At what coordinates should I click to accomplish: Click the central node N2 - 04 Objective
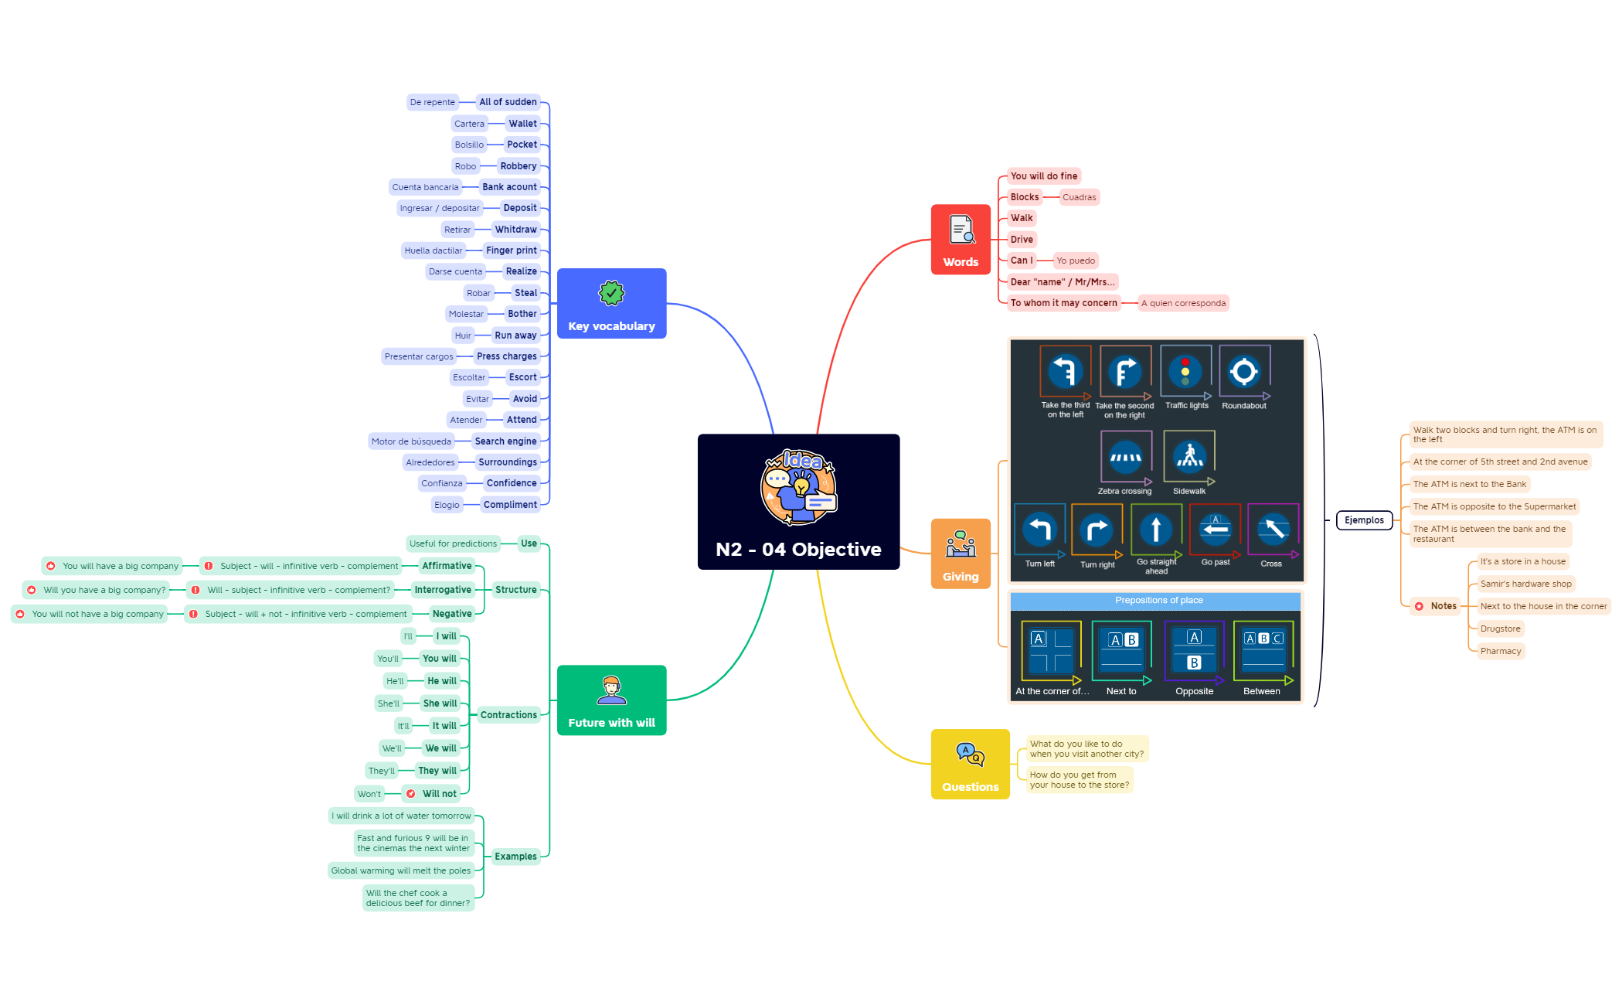(x=798, y=502)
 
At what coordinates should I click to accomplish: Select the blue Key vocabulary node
(x=611, y=304)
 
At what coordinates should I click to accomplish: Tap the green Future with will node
(x=611, y=700)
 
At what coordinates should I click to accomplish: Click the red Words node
(x=961, y=240)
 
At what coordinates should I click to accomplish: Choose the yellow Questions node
(x=970, y=765)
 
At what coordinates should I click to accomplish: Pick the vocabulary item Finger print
(x=511, y=250)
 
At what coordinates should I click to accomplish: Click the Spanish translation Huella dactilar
(x=433, y=250)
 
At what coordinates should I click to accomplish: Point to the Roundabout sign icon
(x=1244, y=372)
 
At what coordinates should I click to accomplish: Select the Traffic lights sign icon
(x=1185, y=372)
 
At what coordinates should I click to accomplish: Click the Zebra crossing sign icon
(x=1125, y=458)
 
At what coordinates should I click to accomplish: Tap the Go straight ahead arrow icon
(x=1156, y=530)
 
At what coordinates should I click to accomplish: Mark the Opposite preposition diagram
(x=1194, y=651)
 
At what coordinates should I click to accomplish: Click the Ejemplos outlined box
(x=1364, y=520)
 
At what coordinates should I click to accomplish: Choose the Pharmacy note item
(x=1501, y=651)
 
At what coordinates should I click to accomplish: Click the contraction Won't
(x=369, y=794)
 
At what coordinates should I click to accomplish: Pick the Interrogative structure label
(x=442, y=590)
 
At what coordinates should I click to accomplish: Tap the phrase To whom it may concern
(x=1063, y=303)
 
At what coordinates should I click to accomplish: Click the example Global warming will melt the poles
(x=400, y=870)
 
